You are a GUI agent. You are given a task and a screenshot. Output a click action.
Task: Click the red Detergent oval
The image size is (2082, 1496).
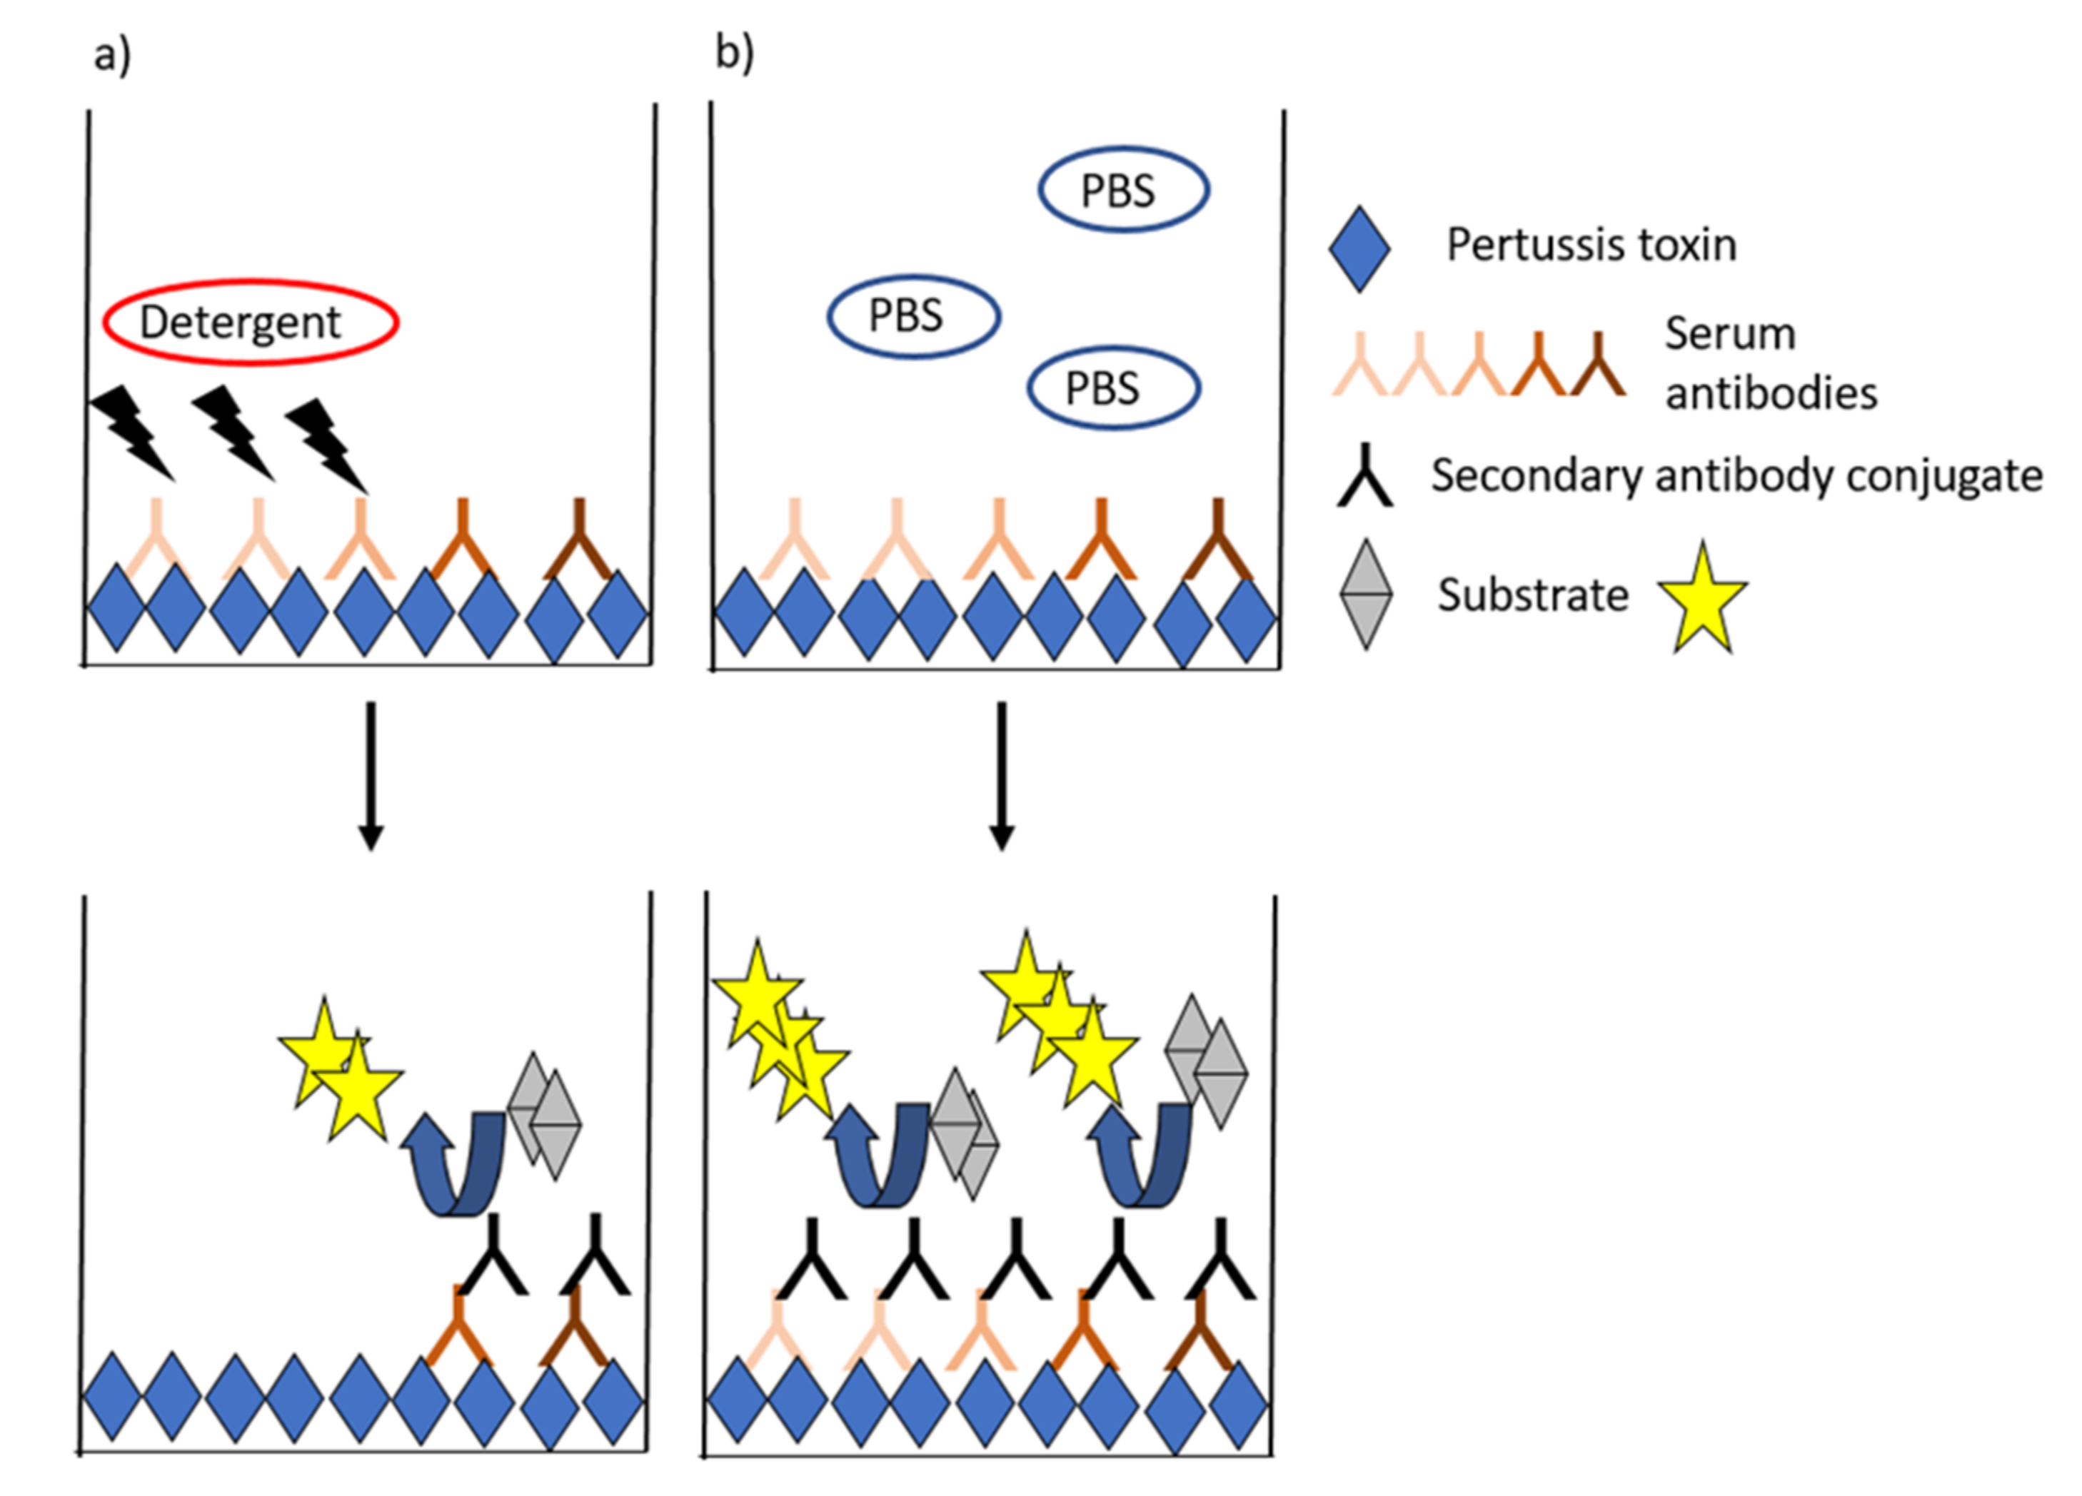point(250,322)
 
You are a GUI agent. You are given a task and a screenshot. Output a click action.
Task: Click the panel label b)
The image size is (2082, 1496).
point(735,54)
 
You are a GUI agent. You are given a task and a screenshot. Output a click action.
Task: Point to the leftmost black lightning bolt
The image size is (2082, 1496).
point(133,431)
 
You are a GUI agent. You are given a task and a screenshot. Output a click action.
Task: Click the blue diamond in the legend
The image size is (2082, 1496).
point(1359,248)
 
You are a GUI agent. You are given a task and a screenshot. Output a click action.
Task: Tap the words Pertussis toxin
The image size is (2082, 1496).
point(1591,245)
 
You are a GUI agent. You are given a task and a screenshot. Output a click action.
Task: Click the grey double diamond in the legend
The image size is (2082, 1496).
point(1365,595)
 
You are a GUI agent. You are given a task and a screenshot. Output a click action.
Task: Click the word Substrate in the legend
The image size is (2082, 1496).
point(1532,596)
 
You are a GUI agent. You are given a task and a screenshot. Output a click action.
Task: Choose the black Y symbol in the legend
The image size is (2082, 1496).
point(1364,477)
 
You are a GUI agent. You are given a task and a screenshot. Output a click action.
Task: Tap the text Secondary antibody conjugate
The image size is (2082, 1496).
point(1736,475)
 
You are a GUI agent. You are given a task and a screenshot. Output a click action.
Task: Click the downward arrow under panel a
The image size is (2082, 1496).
point(370,776)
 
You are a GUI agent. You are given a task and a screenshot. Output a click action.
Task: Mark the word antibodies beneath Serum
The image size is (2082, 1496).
point(1771,394)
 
